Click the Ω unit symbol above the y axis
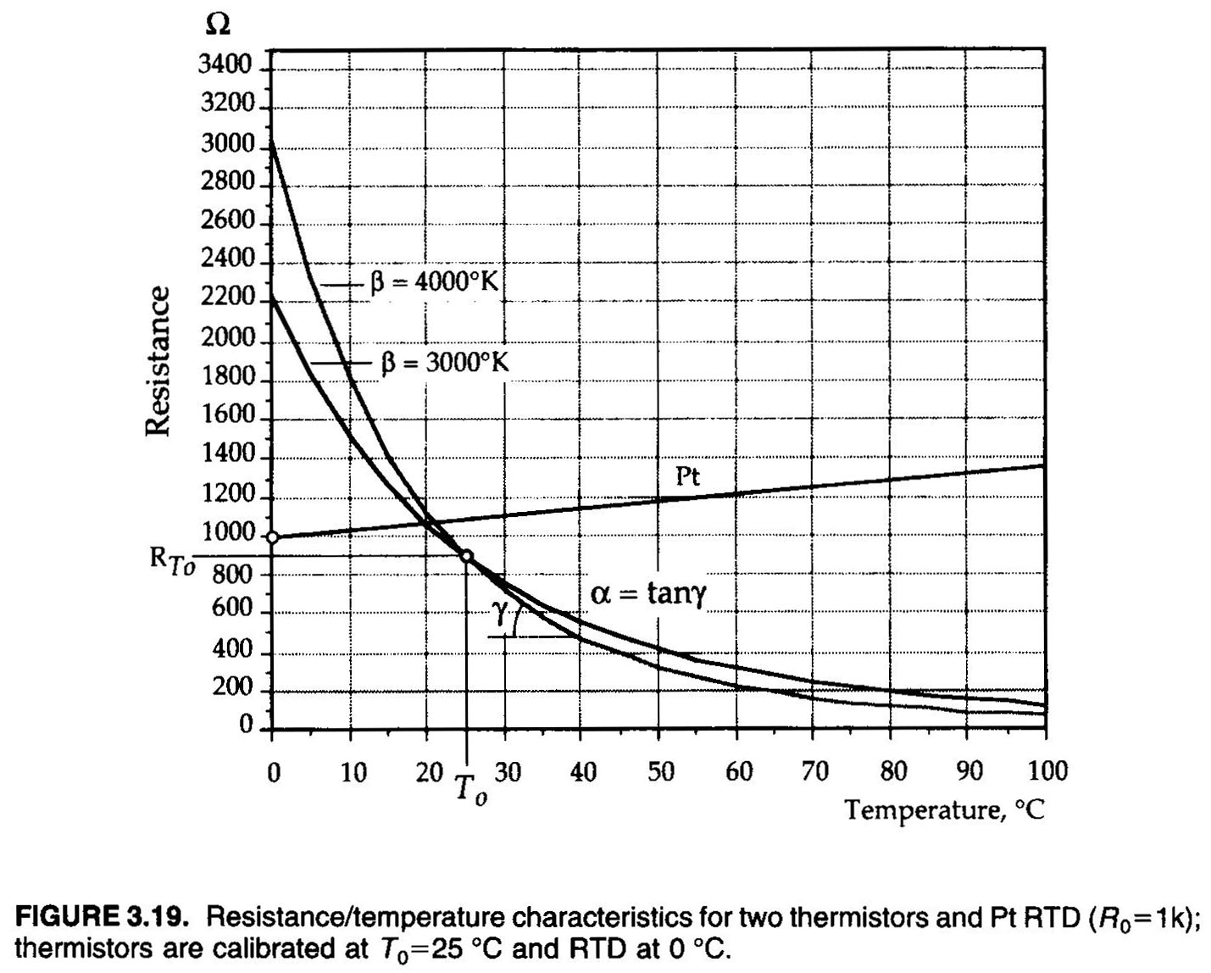click(x=217, y=25)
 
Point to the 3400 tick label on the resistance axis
click(x=226, y=65)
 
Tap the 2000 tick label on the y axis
click(x=227, y=338)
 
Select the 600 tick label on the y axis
click(x=232, y=609)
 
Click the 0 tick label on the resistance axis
click(x=246, y=726)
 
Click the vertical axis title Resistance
click(x=157, y=361)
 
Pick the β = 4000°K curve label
click(x=433, y=281)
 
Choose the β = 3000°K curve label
click(x=444, y=363)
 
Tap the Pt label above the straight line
click(x=688, y=476)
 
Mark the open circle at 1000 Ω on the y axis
click(x=272, y=537)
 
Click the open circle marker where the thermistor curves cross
click(x=466, y=556)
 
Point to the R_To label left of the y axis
click(x=172, y=560)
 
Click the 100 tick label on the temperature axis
click(x=1047, y=771)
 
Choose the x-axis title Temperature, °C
click(x=944, y=810)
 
